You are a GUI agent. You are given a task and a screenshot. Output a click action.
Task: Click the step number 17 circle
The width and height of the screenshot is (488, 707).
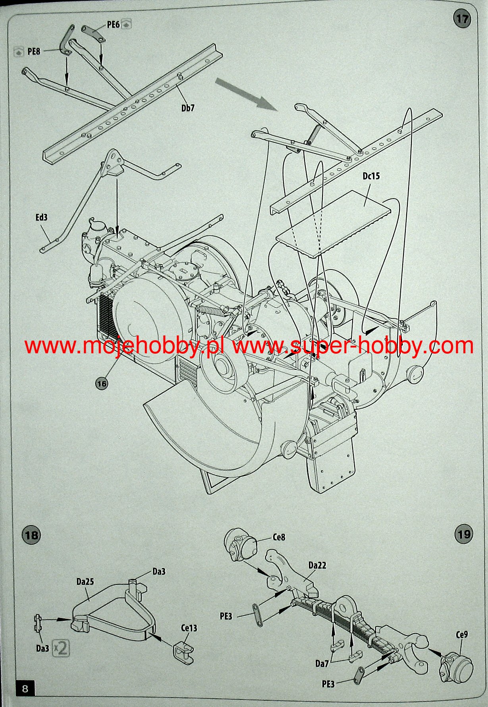pos(462,19)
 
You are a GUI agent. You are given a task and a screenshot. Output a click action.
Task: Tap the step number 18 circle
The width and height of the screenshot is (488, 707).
pos(31,535)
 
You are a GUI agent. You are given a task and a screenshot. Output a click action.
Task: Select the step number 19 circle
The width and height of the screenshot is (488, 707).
pos(463,534)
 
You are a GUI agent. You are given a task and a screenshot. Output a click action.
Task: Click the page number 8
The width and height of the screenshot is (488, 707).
pos(25,688)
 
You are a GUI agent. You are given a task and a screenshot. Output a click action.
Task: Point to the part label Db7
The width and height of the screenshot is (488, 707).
pos(188,108)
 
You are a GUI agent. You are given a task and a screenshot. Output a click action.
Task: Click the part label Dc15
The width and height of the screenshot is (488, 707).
pos(371,176)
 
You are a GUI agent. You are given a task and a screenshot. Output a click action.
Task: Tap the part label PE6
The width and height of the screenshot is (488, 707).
pos(113,25)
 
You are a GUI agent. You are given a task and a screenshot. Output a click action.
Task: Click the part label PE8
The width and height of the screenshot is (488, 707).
pos(34,51)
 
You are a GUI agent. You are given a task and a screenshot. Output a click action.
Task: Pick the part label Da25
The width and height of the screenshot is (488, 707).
pos(85,582)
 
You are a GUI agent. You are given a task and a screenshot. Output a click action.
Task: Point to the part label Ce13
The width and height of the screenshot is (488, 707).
pos(189,628)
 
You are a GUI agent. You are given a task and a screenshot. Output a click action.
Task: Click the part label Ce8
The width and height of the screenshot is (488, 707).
pos(279,537)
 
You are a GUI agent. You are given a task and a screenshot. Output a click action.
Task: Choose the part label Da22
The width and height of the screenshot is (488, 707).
pos(317,565)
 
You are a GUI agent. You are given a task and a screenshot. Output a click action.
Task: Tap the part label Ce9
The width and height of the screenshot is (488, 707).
pos(461,634)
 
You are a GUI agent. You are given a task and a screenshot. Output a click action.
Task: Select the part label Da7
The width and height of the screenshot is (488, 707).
pos(322,663)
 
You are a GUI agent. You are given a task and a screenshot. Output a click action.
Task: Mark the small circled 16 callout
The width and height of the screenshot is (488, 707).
pos(102,383)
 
